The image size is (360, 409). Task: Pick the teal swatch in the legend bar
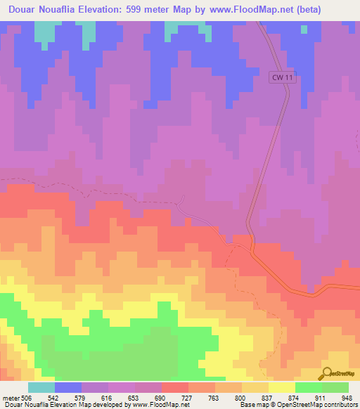point(41,387)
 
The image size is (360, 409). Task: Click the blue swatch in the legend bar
point(68,387)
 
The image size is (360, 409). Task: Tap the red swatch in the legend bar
point(175,387)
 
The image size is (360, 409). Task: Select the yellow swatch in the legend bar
point(282,387)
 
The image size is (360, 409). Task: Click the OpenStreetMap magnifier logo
point(326,372)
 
